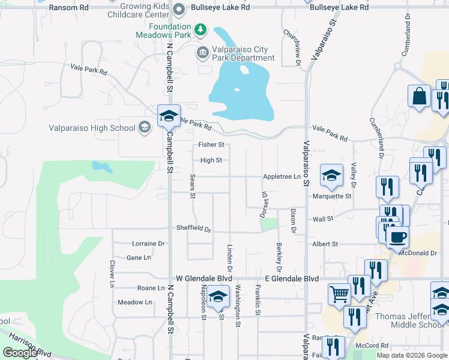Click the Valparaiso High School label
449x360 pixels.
point(92,128)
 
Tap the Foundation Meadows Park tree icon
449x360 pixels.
point(201,29)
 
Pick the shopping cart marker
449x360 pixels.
point(339,294)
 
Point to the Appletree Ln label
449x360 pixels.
point(282,176)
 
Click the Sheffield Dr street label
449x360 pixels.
point(194,229)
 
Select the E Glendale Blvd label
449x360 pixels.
point(292,279)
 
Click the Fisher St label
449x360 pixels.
point(212,145)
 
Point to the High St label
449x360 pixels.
point(211,160)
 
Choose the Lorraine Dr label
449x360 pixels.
point(148,244)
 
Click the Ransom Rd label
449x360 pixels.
point(68,8)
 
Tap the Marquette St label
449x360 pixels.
point(332,196)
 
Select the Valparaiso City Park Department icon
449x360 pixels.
point(202,53)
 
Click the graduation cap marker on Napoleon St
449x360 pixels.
point(218,296)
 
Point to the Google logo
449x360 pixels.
point(20,353)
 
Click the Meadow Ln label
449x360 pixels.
point(134,302)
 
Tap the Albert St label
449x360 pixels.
point(325,244)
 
